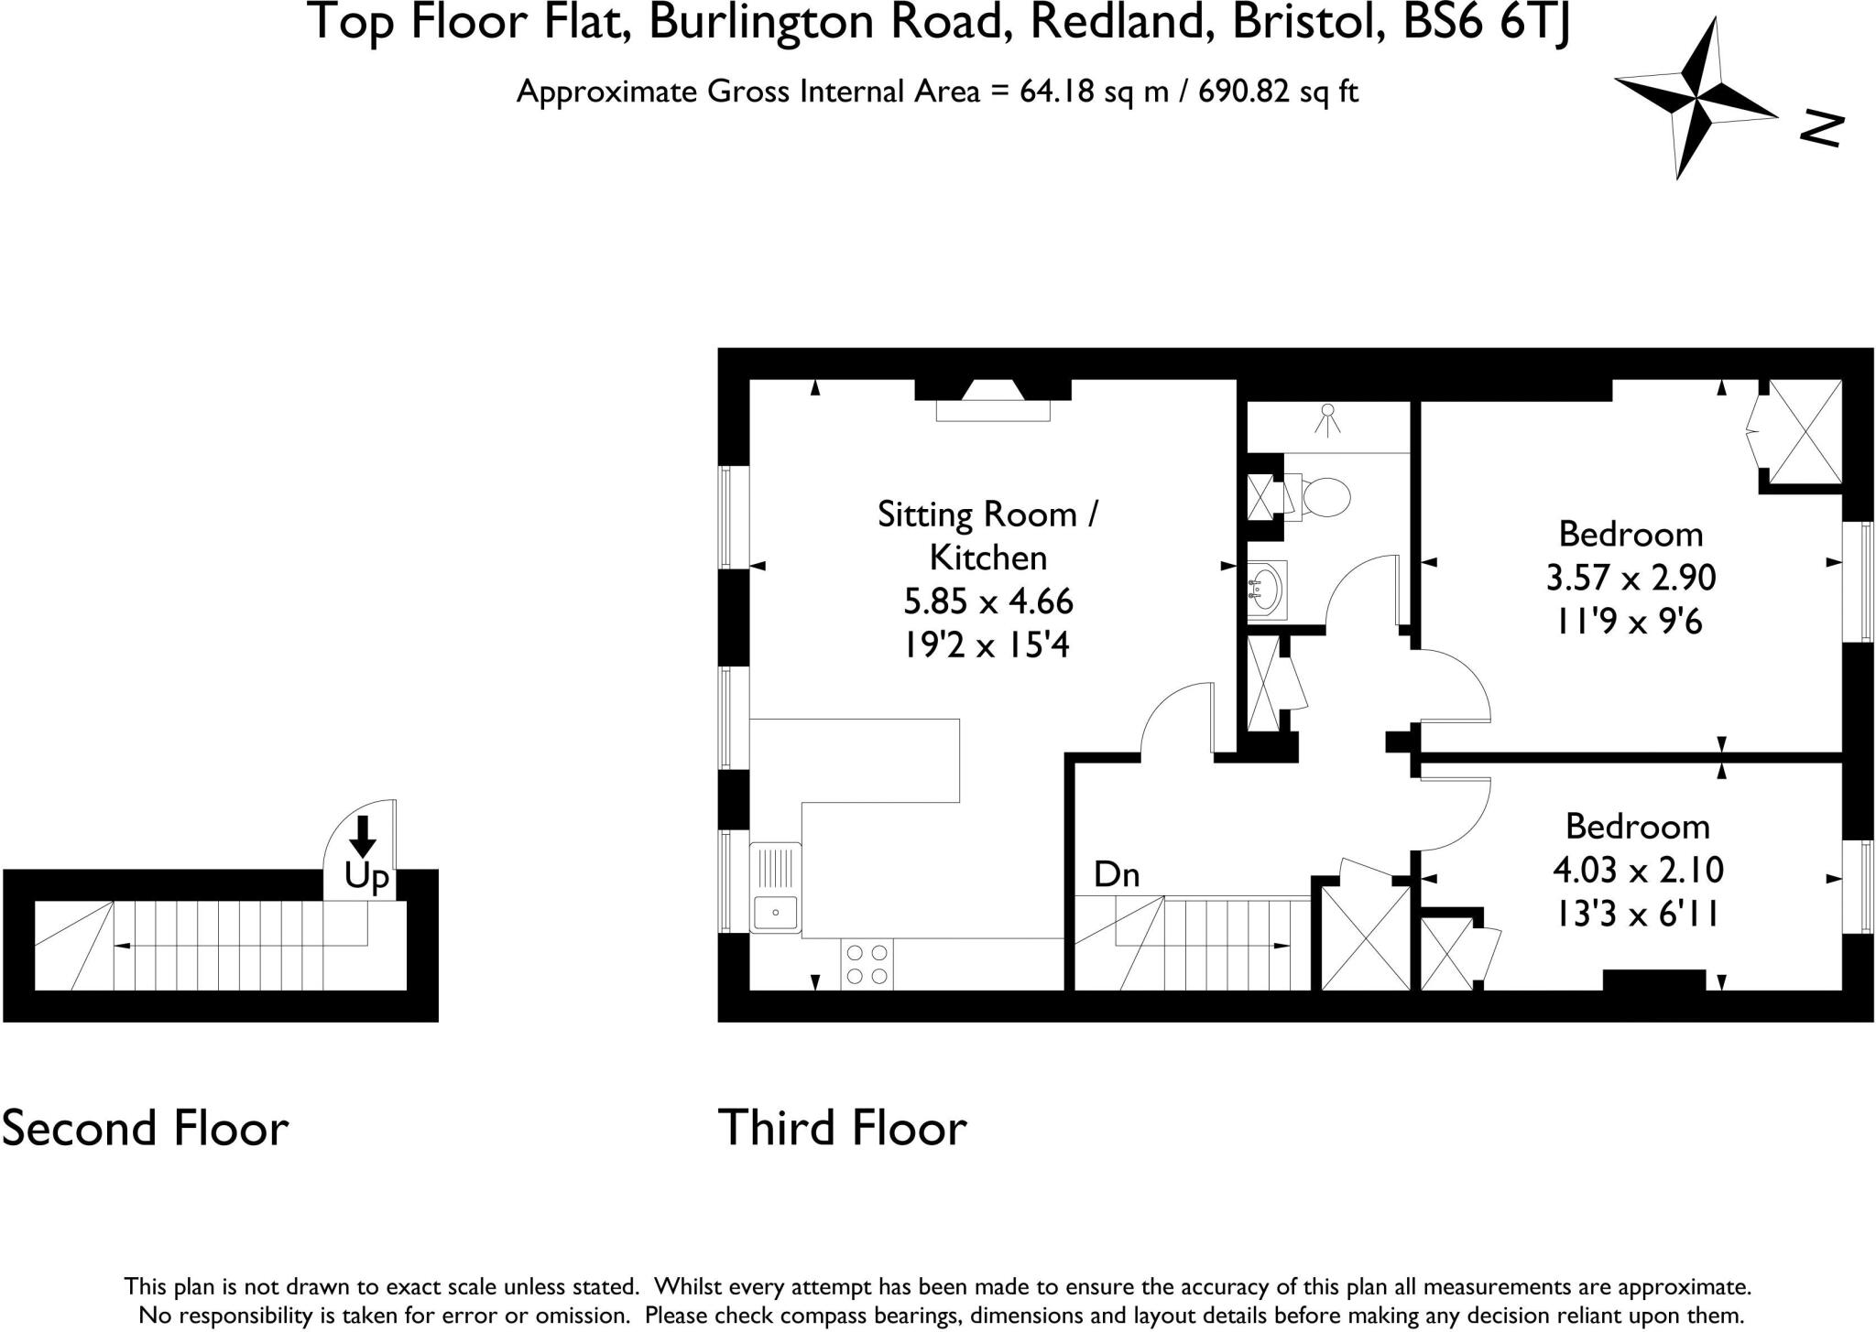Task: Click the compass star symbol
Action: pos(1696,98)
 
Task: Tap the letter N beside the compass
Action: pos(1821,129)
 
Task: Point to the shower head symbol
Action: pos(1327,419)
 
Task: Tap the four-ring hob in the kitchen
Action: pos(867,964)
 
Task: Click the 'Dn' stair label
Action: pos(1117,875)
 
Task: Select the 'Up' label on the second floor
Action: pos(366,877)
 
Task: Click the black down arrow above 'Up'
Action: pos(363,835)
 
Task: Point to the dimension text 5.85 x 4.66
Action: pos(987,601)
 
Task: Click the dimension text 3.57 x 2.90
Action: pos(1631,578)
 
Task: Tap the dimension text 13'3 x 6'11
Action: pos(1637,913)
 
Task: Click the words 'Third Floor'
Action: pos(842,1127)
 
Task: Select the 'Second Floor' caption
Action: pos(145,1127)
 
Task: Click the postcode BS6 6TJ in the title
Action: pos(1486,22)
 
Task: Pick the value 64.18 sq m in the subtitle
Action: pos(1094,92)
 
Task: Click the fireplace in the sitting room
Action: pos(993,400)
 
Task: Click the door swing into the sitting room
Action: pos(1177,720)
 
